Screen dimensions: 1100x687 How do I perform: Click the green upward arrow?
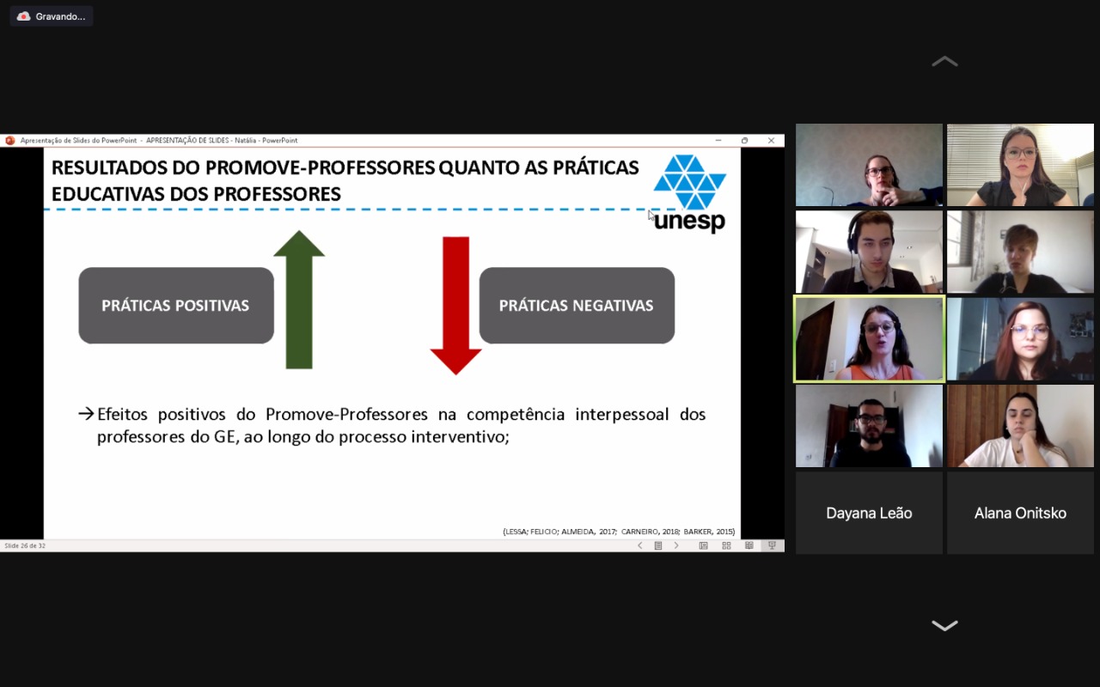[x=299, y=300]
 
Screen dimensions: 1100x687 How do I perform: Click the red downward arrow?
[x=455, y=305]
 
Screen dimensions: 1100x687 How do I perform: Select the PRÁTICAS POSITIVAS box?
[x=176, y=305]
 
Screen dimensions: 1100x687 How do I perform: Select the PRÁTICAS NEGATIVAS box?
[x=577, y=305]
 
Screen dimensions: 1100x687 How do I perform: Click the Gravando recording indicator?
[x=51, y=16]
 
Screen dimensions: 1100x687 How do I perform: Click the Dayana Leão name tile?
[x=869, y=514]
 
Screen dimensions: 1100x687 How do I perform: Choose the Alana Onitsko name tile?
[x=1020, y=514]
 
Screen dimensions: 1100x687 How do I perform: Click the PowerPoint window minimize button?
[x=718, y=140]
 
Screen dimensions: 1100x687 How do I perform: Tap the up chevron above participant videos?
[x=944, y=62]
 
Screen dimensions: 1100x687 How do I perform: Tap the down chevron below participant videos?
[x=944, y=626]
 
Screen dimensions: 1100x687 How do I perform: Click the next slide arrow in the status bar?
[x=676, y=545]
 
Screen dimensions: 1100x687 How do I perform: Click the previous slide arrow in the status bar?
[x=640, y=545]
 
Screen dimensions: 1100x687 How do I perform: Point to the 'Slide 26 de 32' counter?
[x=25, y=545]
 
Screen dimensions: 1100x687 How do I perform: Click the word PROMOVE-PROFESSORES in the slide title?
[x=321, y=167]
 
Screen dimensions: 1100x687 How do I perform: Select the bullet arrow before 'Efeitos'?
[x=86, y=414]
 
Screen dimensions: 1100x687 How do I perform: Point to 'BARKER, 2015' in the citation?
[x=709, y=532]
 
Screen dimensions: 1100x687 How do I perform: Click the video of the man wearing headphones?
[x=869, y=252]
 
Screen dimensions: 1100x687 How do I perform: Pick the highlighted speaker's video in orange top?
[x=869, y=339]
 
